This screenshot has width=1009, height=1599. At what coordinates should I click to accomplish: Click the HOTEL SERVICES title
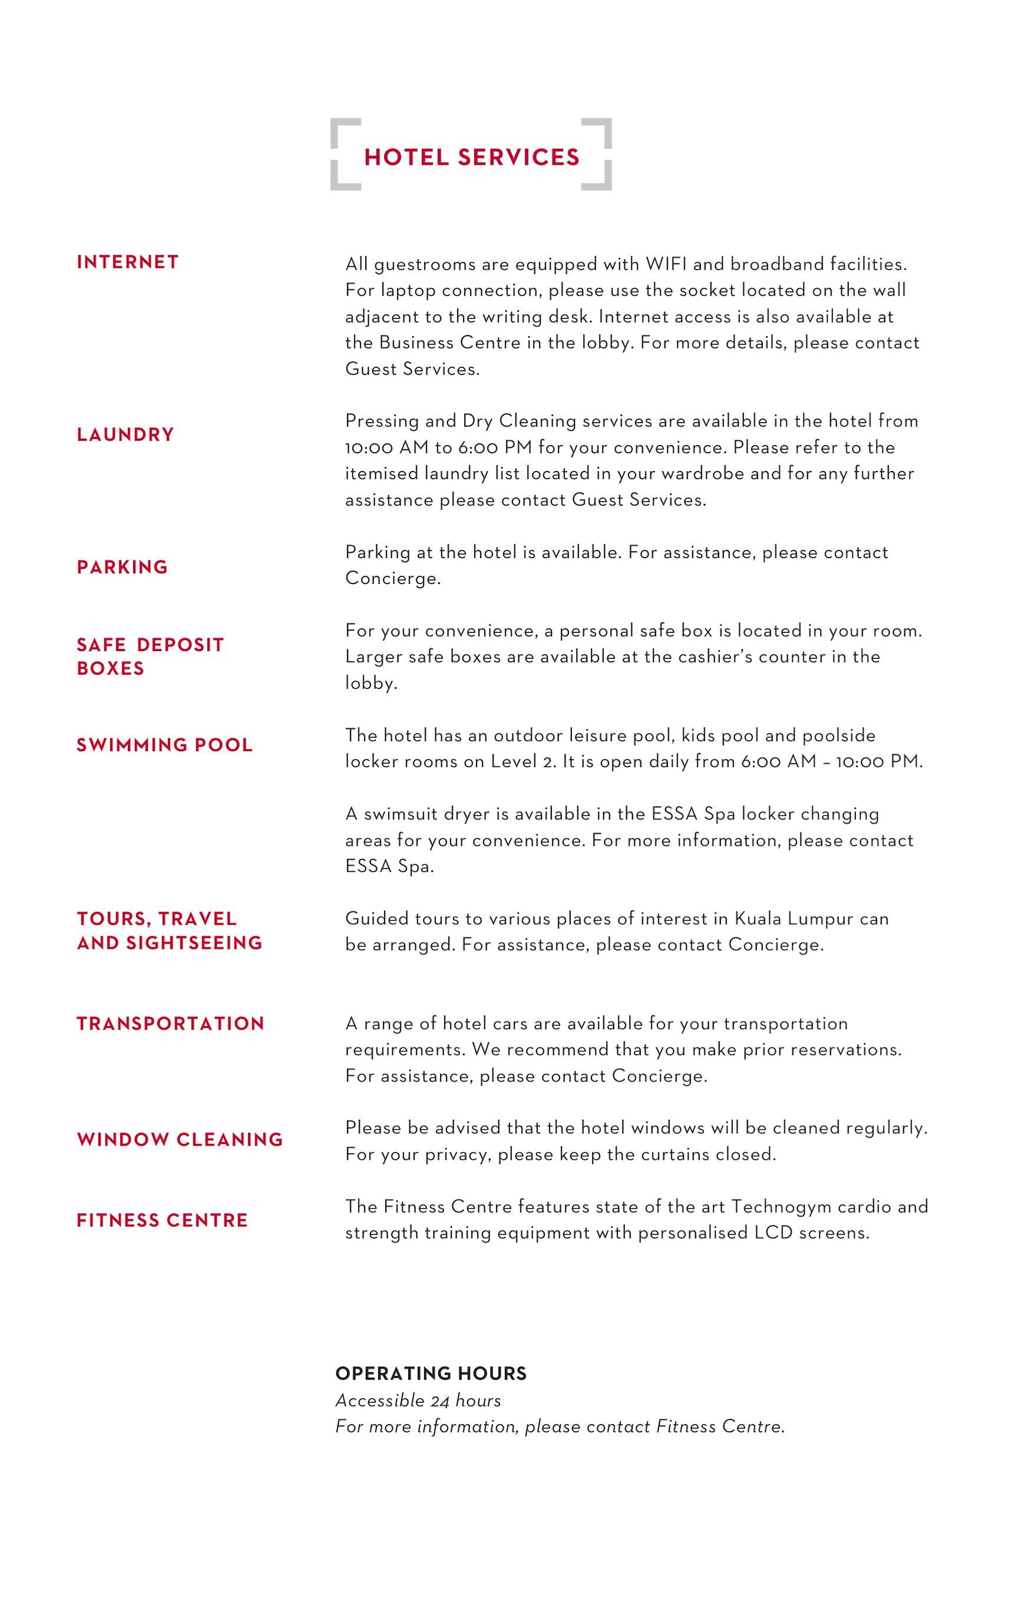[472, 157]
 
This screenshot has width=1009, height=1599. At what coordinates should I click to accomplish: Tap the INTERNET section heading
[128, 263]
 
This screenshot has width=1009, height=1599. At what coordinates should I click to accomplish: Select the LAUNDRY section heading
[125, 434]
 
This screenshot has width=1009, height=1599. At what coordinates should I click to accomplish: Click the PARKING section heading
[122, 567]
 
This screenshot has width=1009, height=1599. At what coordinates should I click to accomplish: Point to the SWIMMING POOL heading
[165, 745]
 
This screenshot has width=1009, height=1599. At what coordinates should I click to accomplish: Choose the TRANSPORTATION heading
[170, 1023]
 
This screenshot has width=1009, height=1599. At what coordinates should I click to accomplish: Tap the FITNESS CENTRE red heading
[162, 1220]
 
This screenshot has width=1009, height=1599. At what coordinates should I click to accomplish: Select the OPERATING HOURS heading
[431, 1374]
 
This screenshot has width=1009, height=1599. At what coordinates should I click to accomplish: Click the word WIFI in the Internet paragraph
[666, 264]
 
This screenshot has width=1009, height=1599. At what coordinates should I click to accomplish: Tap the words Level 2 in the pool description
[524, 762]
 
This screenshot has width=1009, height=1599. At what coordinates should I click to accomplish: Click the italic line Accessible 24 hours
[418, 1401]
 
